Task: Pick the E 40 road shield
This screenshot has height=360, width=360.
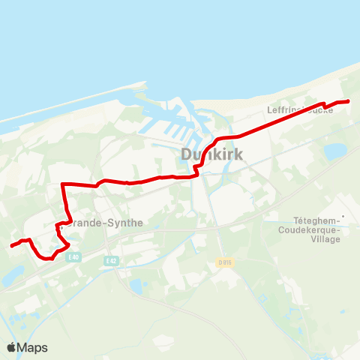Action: pyautogui.click(x=73, y=257)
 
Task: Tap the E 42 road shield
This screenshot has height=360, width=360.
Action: pyautogui.click(x=112, y=260)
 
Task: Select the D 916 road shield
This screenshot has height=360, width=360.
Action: pyautogui.click(x=225, y=262)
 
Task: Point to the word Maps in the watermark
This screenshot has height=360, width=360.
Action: pyautogui.click(x=34, y=347)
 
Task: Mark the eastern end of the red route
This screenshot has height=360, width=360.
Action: pyautogui.click(x=349, y=101)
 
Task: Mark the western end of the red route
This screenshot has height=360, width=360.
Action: pyautogui.click(x=11, y=245)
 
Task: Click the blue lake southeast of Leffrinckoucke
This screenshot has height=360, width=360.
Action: pyautogui.click(x=335, y=151)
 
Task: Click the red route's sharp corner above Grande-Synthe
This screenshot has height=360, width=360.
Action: pyautogui.click(x=62, y=184)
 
